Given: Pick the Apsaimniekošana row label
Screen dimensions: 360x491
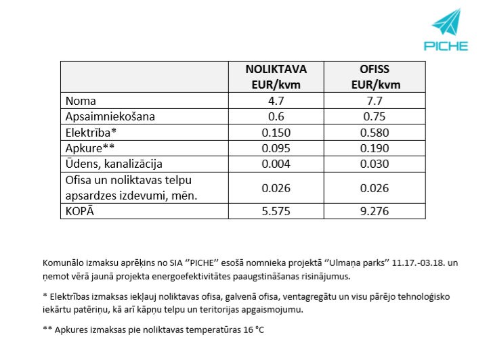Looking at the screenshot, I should (x=110, y=116).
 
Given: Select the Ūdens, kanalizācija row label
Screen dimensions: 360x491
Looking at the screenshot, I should (x=114, y=164).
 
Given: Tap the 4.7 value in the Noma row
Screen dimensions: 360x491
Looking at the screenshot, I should (x=276, y=101).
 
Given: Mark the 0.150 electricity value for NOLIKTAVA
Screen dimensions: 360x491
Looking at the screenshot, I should (x=276, y=132).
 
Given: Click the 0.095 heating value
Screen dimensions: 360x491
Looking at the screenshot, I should (x=276, y=148).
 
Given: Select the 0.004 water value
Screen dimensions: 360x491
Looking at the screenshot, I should (x=276, y=164).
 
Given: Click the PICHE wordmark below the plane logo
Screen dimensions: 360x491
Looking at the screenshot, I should (x=446, y=46).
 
